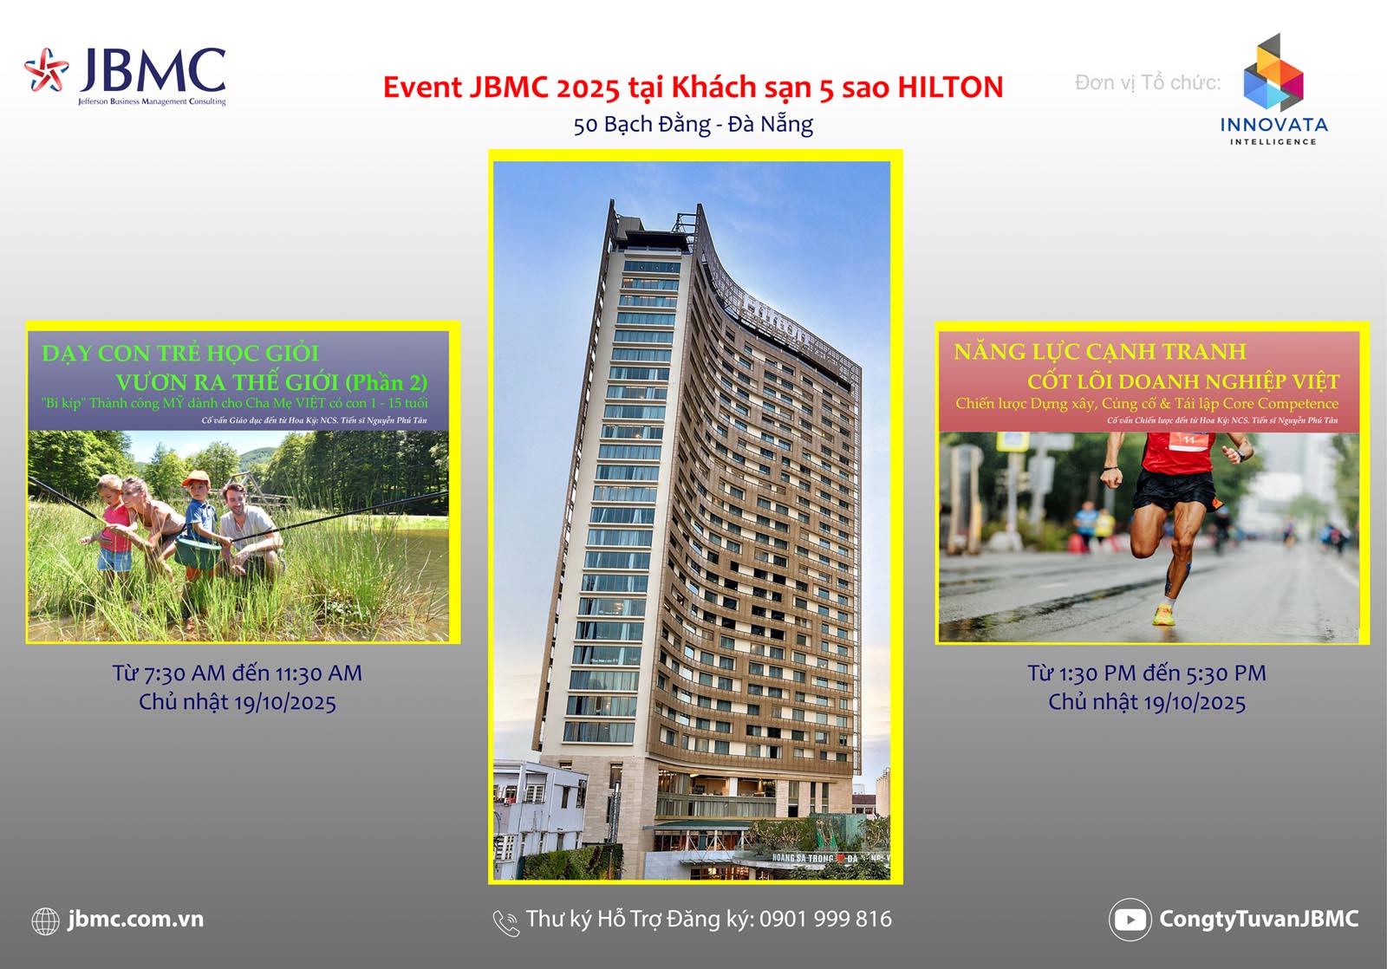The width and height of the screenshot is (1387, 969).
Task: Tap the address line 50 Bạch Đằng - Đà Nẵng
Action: point(693,125)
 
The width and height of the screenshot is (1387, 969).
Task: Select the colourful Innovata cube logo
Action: point(1273,74)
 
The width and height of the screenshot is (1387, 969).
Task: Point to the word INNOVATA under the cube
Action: point(1273,125)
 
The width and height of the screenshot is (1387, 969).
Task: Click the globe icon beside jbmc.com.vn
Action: point(45,920)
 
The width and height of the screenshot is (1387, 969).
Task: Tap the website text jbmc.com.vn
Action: point(136,920)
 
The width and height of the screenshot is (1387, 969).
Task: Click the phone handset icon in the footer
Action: point(505,922)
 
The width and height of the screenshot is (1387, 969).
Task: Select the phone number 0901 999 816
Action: point(825,920)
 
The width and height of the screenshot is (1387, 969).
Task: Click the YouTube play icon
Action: point(1130,920)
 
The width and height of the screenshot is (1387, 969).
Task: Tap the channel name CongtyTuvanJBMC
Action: point(1259,920)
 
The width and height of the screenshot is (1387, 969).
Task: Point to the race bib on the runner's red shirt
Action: point(1188,440)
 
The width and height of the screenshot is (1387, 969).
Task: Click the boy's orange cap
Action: point(197,478)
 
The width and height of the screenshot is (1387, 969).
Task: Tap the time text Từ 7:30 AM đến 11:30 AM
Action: point(237,673)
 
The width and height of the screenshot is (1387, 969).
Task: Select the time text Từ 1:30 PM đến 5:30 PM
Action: point(1147,673)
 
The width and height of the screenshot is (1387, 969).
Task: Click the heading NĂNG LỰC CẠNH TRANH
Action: point(1100,352)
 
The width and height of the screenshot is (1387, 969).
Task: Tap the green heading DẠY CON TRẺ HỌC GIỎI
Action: point(180,354)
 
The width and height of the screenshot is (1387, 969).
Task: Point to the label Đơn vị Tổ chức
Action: point(1147,83)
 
